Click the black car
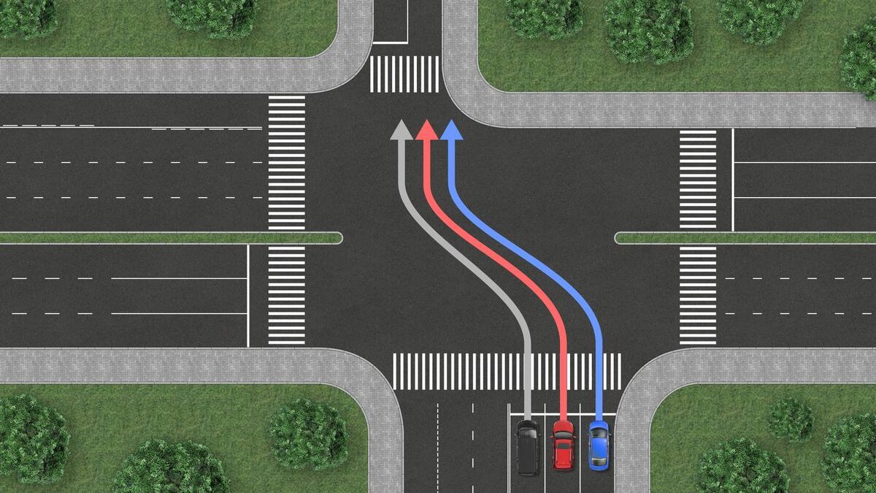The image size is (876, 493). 527,447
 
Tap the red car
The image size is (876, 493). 563,444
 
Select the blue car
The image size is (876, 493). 599,446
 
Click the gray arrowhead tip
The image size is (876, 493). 401,122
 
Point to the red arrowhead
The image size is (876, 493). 426,130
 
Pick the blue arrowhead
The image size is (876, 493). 452,130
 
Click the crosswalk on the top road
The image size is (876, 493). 404,74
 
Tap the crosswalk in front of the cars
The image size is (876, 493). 507,371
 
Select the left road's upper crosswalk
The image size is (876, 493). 286,162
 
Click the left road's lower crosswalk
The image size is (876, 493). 286,294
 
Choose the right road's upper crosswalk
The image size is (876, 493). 698,179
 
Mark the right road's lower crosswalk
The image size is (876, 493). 698,294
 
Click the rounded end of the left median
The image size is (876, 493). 337,238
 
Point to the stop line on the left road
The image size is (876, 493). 248,295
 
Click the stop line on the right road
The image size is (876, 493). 732,179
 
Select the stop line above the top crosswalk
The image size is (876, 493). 390,43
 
